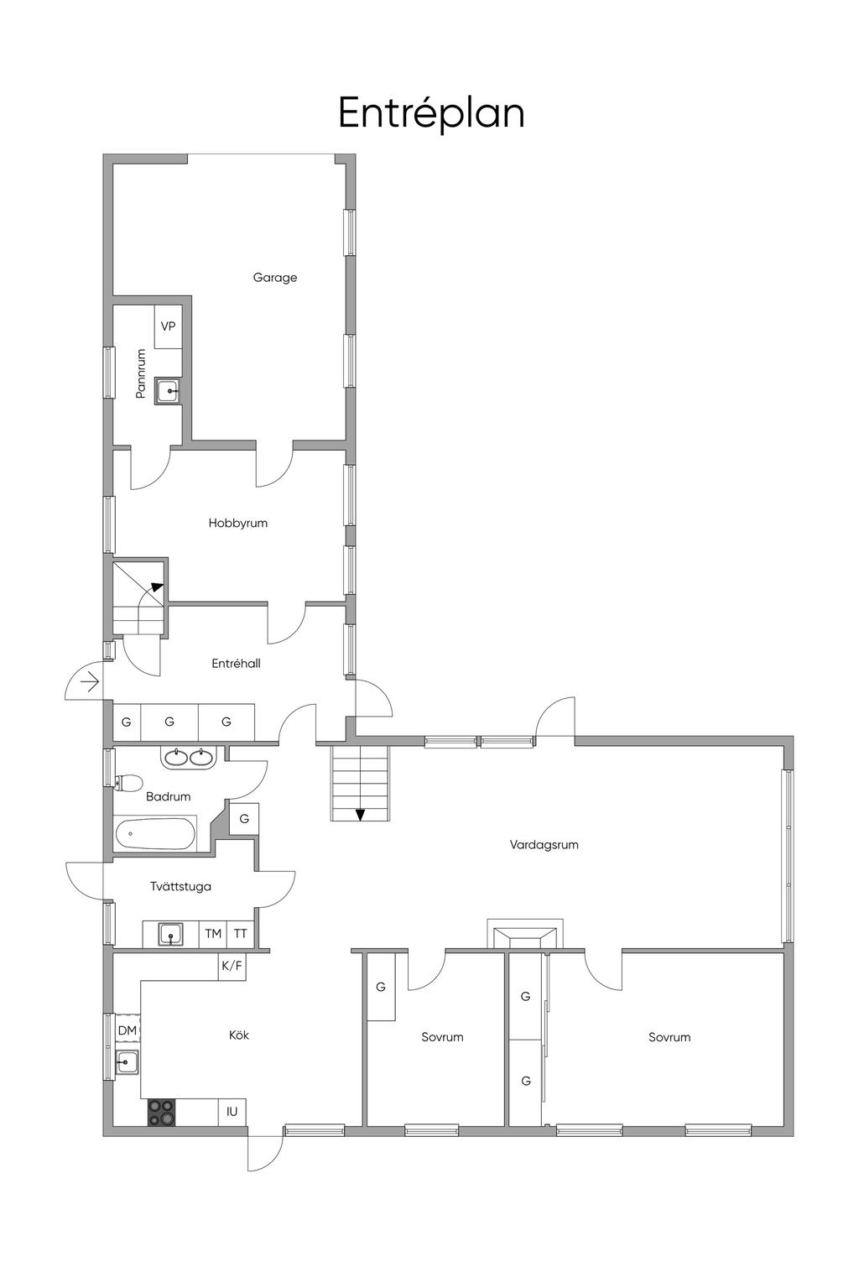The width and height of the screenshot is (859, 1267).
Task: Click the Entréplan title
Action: pyautogui.click(x=431, y=113)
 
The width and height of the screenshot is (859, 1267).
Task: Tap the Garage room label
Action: pyautogui.click(x=275, y=277)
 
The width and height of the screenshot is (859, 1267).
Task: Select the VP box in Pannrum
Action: pyautogui.click(x=168, y=326)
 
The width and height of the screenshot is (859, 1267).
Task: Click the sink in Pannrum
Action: pyautogui.click(x=168, y=390)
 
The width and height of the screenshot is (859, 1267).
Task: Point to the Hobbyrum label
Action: pyautogui.click(x=237, y=523)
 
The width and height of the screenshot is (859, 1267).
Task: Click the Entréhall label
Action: pyautogui.click(x=236, y=663)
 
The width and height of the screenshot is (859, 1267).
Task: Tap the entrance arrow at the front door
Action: pyautogui.click(x=90, y=683)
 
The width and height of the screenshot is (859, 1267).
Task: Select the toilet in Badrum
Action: pyautogui.click(x=128, y=783)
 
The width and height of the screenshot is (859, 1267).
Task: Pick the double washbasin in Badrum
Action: pyautogui.click(x=188, y=757)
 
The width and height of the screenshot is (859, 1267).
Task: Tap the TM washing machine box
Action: pyautogui.click(x=212, y=933)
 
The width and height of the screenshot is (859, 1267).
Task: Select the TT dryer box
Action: pyautogui.click(x=241, y=933)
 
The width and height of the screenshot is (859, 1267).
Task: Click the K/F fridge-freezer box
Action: pyautogui.click(x=232, y=966)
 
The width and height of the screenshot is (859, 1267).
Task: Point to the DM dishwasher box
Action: pyautogui.click(x=128, y=1030)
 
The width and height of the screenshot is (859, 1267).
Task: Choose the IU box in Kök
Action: pyautogui.click(x=232, y=1112)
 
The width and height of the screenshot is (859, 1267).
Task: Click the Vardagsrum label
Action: pyautogui.click(x=544, y=845)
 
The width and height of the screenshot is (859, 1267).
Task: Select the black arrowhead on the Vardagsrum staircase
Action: pyautogui.click(x=360, y=815)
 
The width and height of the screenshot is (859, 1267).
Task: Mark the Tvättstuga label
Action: pyautogui.click(x=180, y=886)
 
